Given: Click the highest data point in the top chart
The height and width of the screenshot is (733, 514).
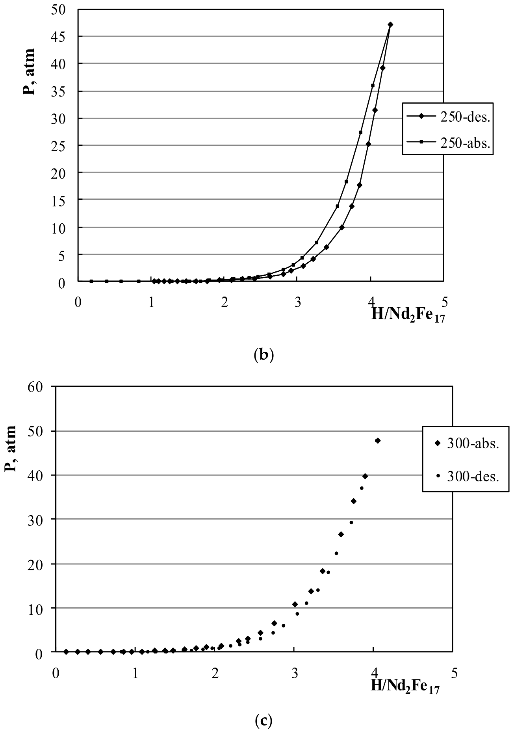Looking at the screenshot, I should [390, 24].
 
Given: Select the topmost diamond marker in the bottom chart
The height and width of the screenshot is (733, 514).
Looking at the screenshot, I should [378, 440].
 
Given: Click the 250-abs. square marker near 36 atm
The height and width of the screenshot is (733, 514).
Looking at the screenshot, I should [373, 85].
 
